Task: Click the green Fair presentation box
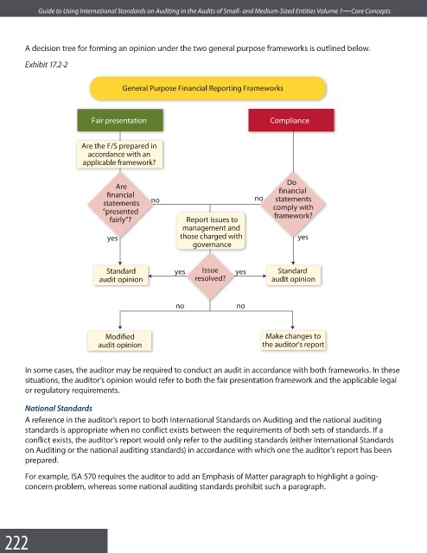[120, 120]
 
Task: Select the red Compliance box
[291, 120]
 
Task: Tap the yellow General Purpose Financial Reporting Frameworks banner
[208, 88]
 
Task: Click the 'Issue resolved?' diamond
[210, 275]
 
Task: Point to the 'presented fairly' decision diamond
[120, 204]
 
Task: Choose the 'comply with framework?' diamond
[293, 204]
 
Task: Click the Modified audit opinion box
[119, 340]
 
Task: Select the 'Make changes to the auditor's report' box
[293, 340]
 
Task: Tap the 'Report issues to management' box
[211, 232]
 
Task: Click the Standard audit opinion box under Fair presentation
[121, 275]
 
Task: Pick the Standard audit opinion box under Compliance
[293, 275]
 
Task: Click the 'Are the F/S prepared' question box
[119, 154]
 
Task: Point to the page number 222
[16, 543]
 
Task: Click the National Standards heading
[59, 409]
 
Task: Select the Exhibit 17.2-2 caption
[46, 65]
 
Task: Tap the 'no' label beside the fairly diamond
[156, 200]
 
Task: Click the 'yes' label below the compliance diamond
[303, 237]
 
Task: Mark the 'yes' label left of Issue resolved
[180, 272]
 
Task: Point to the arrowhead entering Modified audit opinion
[120, 327]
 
